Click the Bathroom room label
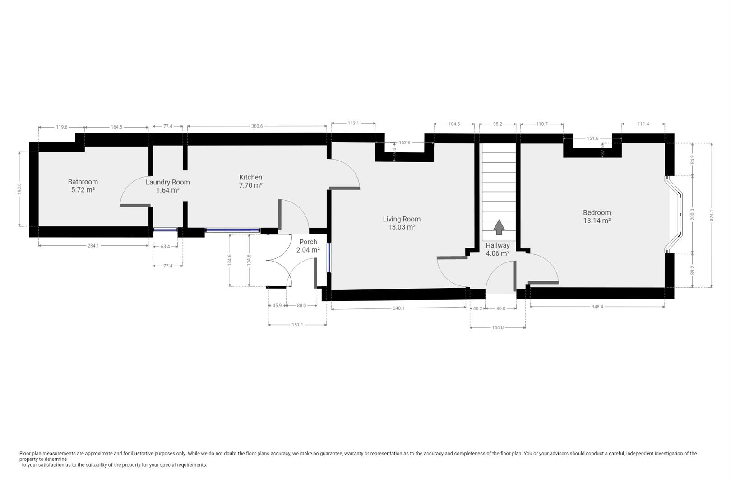pyautogui.click(x=83, y=182)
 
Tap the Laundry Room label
pyautogui.click(x=167, y=182)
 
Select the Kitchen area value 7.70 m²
pyautogui.click(x=250, y=185)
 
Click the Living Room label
pyautogui.click(x=402, y=219)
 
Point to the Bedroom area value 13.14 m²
pyautogui.click(x=597, y=221)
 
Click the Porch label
pyautogui.click(x=308, y=242)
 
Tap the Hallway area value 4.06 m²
pyautogui.click(x=497, y=253)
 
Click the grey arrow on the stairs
pyautogui.click(x=499, y=227)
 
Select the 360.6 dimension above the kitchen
pyautogui.click(x=257, y=127)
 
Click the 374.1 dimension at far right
pyautogui.click(x=712, y=215)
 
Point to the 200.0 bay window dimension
pyautogui.click(x=693, y=214)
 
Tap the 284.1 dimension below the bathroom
pyautogui.click(x=93, y=246)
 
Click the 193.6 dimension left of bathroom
pyautogui.click(x=19, y=189)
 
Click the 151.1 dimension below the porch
pyautogui.click(x=297, y=325)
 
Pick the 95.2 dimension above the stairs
pyautogui.click(x=497, y=124)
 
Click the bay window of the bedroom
pyautogui.click(x=675, y=214)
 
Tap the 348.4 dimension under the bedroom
pyautogui.click(x=597, y=307)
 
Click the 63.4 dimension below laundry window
pyautogui.click(x=165, y=247)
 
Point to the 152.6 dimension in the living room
pyautogui.click(x=405, y=142)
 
